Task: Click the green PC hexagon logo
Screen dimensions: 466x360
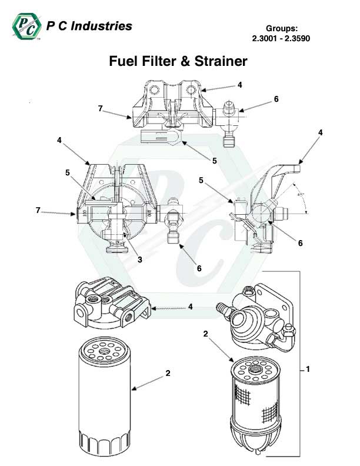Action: point(26,27)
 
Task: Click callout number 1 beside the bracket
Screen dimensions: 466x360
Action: point(308,369)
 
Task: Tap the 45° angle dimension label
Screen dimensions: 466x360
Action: point(301,197)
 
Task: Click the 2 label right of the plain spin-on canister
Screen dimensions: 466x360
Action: point(168,372)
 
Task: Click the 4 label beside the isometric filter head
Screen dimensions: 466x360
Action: point(190,306)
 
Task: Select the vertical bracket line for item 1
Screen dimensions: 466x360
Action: point(301,365)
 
